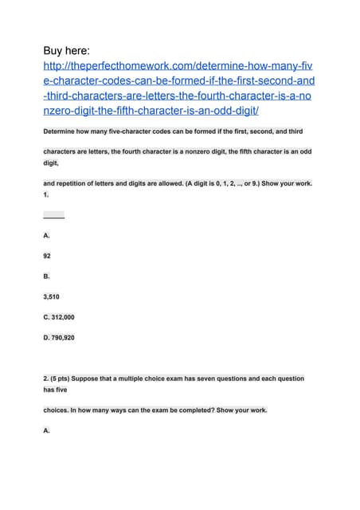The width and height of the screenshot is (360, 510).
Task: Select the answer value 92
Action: point(49,257)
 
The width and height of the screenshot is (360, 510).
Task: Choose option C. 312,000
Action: point(69,317)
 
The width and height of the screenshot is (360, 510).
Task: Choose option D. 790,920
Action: point(69,338)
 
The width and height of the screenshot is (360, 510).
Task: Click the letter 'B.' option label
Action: point(47,277)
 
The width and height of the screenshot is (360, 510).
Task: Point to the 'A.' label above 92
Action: point(47,236)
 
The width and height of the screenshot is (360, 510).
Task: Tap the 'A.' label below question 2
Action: point(47,430)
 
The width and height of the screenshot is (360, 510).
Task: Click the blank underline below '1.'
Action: point(53,216)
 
